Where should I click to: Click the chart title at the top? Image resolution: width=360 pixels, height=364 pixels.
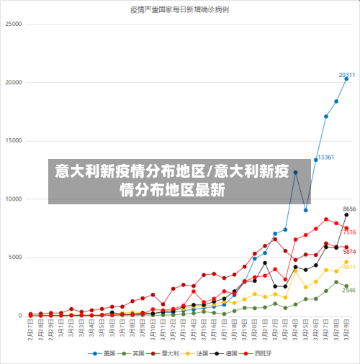(179, 9)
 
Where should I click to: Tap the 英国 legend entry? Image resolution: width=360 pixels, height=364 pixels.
(140, 353)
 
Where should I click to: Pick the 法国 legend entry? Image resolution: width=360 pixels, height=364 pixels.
(204, 353)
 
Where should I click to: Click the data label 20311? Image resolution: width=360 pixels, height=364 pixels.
(346, 75)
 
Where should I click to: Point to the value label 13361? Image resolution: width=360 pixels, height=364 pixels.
(325, 157)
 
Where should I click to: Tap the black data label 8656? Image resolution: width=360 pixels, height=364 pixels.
(349, 209)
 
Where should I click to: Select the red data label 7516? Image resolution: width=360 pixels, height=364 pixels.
(349, 232)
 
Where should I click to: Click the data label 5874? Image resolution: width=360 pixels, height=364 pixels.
(349, 251)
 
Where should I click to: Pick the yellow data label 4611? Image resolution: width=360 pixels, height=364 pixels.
(349, 266)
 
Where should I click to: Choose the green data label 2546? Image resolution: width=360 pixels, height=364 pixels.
(349, 290)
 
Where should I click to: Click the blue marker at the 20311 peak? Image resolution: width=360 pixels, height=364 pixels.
(346, 79)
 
